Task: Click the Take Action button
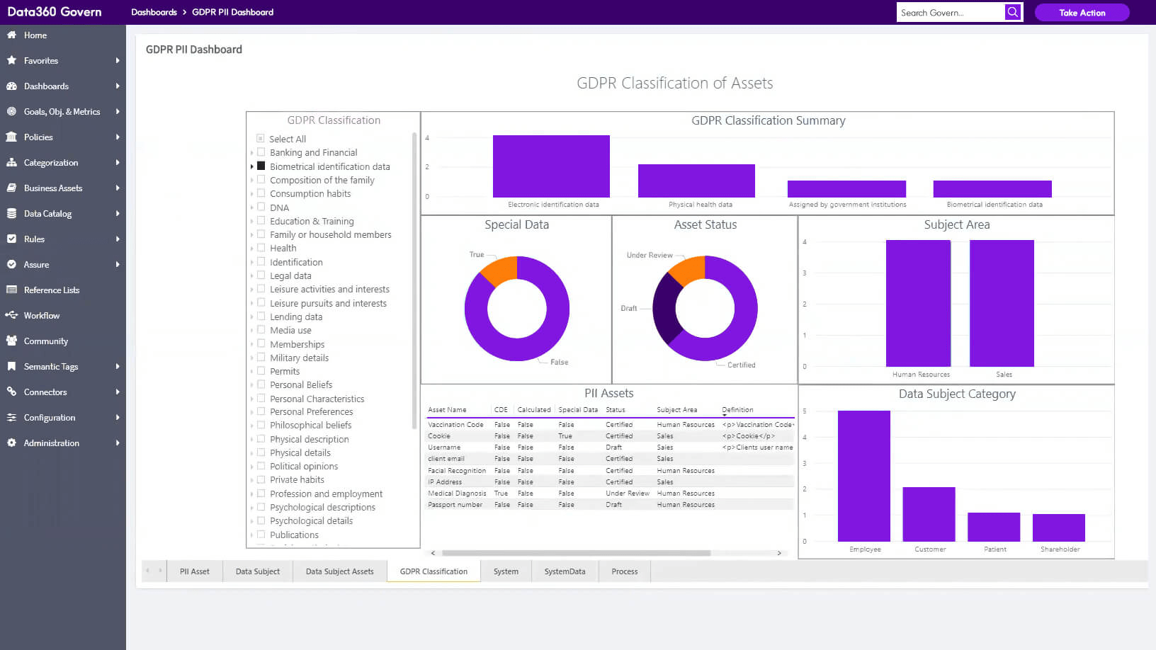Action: [1082, 13]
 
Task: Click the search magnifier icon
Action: [1013, 12]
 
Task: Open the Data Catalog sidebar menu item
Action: [47, 213]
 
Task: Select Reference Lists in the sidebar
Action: [52, 290]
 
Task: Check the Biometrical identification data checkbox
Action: [261, 166]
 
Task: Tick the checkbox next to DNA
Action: [261, 207]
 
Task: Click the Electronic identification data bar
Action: [551, 166]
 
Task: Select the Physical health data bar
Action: [696, 181]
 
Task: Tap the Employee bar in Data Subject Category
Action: [863, 476]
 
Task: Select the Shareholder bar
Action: [1058, 528]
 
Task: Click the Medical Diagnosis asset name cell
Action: [457, 494]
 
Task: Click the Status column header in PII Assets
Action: [616, 410]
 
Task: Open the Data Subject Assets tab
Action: [339, 571]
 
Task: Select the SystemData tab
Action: [565, 571]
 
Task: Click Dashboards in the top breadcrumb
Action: [154, 12]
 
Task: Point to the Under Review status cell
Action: [627, 494]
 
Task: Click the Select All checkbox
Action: [261, 139]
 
